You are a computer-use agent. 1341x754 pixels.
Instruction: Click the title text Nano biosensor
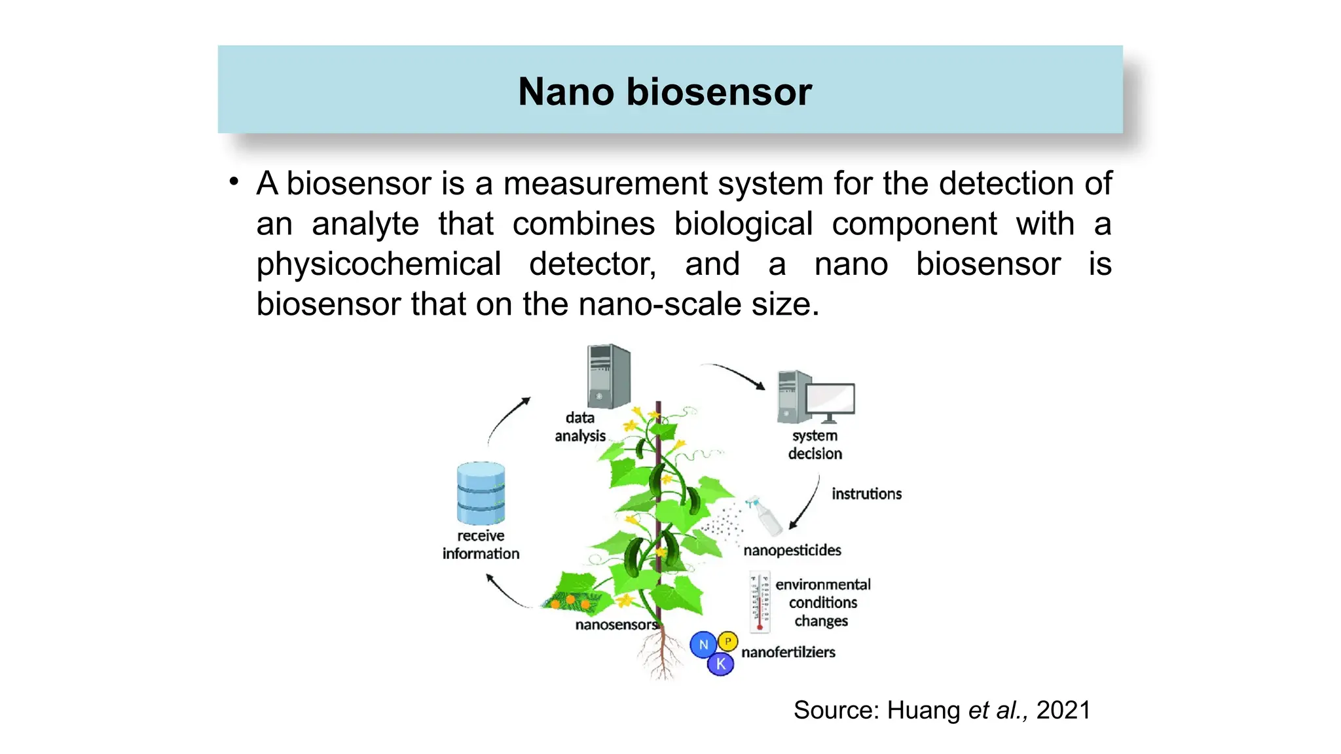tap(665, 92)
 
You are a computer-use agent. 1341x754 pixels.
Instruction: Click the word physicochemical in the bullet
tap(378, 264)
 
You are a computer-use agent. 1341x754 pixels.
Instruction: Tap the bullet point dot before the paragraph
tap(234, 183)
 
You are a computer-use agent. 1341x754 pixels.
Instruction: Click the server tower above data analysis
tap(609, 376)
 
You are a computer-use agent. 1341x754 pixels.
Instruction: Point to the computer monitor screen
tap(830, 399)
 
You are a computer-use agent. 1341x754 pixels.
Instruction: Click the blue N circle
tap(703, 645)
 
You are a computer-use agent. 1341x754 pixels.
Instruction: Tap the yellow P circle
tap(727, 641)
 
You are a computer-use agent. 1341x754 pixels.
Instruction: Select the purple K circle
tap(720, 664)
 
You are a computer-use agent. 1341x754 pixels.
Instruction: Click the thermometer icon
tap(760, 602)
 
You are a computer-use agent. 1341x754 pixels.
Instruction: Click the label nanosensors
tap(615, 625)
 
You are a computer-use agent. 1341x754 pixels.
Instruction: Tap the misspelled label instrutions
tap(866, 494)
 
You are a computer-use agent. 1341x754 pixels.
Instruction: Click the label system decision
tap(815, 445)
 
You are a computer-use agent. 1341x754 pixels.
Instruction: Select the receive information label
tap(481, 545)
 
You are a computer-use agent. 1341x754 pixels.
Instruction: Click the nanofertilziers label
tap(788, 653)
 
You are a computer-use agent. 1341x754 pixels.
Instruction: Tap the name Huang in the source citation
tap(923, 710)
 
